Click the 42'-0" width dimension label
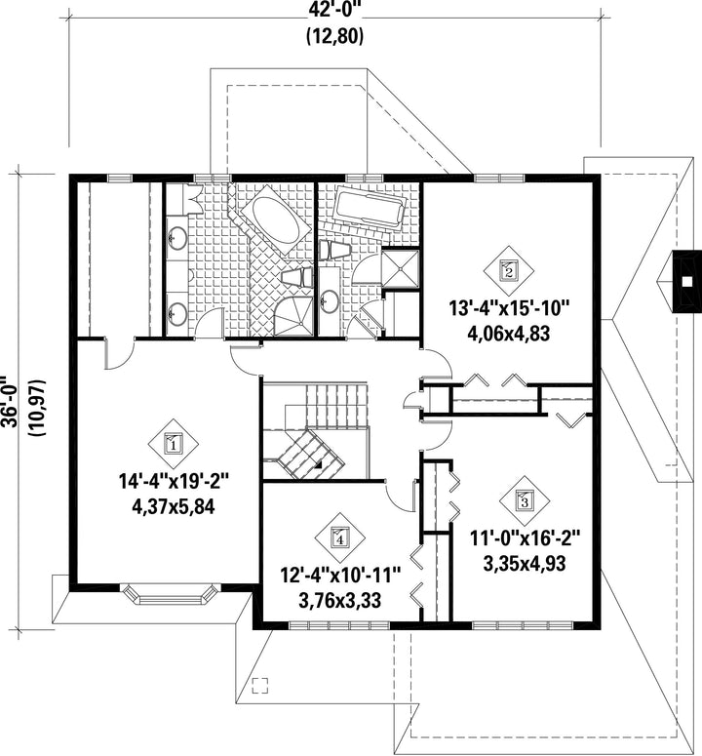point(334,10)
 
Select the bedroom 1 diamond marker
point(173,444)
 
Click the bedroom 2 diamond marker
point(509,270)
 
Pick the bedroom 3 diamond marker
point(525,501)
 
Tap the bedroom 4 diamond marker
point(339,537)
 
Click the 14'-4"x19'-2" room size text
point(174,481)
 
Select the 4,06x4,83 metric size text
point(509,334)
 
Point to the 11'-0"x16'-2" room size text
point(526,538)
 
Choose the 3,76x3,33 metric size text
point(340,601)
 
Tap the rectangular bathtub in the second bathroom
point(370,208)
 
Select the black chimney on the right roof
point(687,282)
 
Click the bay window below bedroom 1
point(169,593)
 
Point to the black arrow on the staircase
point(319,464)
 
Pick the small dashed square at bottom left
point(260,685)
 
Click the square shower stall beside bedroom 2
point(401,268)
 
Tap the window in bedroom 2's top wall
point(499,179)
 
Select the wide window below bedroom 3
point(523,626)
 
